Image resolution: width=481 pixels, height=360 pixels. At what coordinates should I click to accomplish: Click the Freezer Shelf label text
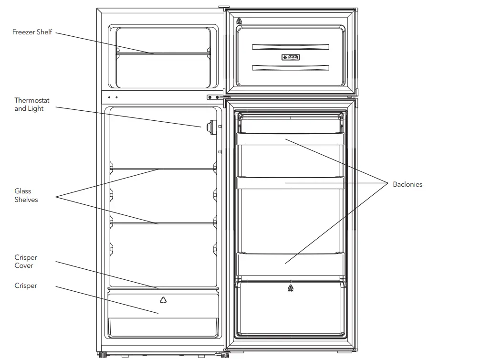[32, 32]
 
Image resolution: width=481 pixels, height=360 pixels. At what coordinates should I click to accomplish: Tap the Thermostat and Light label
[31, 105]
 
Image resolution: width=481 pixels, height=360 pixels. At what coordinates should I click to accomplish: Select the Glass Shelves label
[26, 195]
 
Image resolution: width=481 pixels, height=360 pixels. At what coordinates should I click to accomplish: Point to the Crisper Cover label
[25, 261]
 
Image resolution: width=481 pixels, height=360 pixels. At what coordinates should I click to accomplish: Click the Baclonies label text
[407, 184]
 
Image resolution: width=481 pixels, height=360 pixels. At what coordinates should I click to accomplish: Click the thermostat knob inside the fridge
[209, 127]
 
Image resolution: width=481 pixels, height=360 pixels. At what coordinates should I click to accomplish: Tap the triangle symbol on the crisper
[163, 300]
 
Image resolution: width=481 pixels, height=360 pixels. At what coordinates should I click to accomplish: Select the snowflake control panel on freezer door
[290, 57]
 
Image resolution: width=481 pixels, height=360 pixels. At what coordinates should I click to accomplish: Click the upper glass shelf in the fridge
[163, 169]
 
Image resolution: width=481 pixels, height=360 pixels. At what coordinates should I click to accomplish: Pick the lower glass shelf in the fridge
[163, 222]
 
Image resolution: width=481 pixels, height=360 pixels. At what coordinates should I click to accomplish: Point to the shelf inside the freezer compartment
[163, 53]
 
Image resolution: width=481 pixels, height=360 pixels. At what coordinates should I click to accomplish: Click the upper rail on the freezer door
[290, 47]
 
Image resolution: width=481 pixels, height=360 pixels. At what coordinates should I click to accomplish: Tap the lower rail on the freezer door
[290, 67]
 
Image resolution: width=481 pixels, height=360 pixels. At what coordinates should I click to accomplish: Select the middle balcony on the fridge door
[290, 183]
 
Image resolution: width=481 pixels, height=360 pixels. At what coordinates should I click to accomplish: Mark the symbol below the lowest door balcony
[290, 287]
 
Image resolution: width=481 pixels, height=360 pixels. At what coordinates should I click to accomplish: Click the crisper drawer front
[163, 313]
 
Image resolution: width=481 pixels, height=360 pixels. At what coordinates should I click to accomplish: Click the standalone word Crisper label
[25, 286]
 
